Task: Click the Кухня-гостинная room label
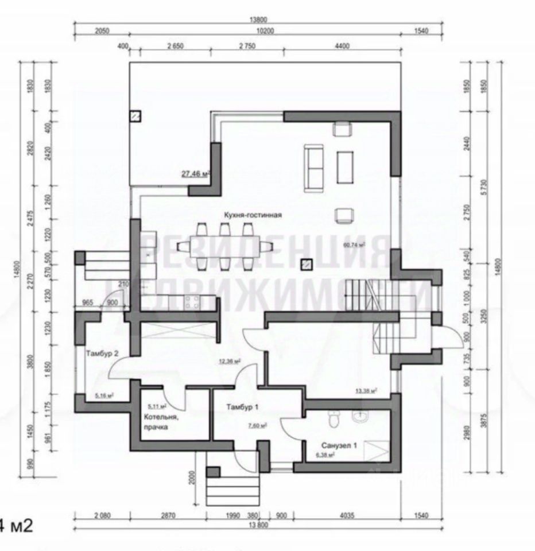253,215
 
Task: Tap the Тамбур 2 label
102,353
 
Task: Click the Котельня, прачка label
161,422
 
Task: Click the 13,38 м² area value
365,391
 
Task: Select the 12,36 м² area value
228,361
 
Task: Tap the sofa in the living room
315,168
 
